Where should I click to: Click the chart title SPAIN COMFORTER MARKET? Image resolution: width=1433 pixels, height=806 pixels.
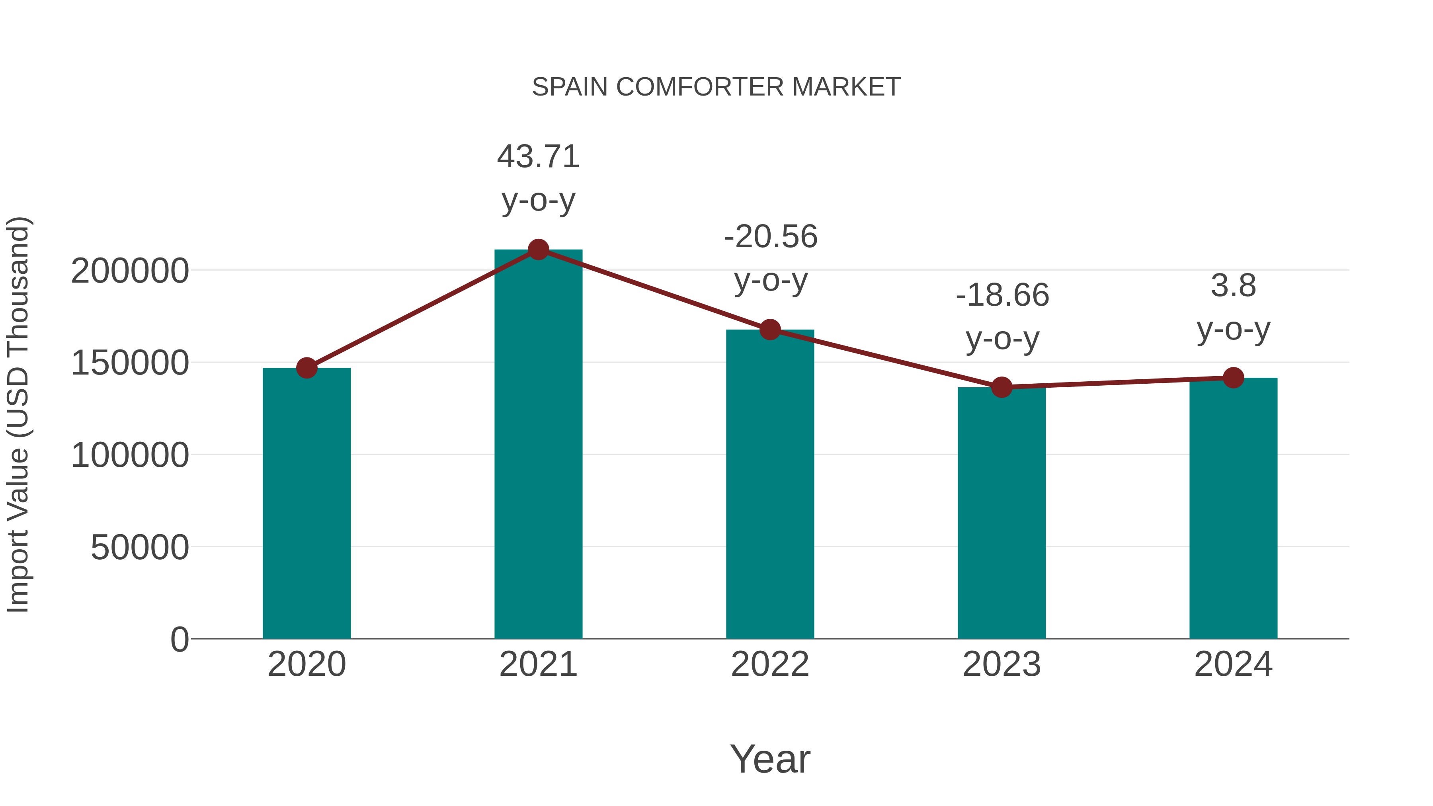tap(716, 87)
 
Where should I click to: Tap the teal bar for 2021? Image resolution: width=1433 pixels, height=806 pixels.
tap(538, 445)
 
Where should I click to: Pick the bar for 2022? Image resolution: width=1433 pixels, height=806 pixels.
tap(770, 484)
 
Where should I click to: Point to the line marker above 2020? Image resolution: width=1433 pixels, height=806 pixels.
tap(307, 368)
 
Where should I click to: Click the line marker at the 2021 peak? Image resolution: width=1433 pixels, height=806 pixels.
tap(538, 250)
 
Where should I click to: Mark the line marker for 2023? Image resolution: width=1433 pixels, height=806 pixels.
tap(1002, 387)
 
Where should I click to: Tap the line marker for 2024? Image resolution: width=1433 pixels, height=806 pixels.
tap(1233, 378)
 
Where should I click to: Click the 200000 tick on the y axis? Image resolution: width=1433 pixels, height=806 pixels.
tap(130, 271)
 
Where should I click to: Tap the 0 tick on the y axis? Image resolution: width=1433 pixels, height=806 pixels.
tap(179, 639)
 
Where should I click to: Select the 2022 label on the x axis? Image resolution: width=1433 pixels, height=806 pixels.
tap(770, 664)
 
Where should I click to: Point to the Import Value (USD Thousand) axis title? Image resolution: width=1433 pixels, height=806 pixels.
tap(18, 414)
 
